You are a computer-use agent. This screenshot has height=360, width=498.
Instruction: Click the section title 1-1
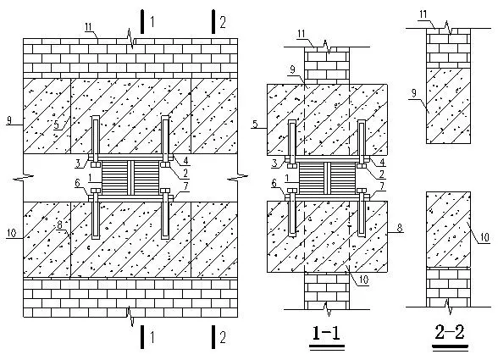(x=327, y=333)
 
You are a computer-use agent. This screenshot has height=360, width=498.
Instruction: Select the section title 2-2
(x=450, y=332)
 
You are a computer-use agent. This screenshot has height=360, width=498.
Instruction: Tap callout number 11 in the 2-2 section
(x=423, y=14)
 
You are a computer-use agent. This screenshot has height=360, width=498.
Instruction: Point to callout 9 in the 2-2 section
(x=413, y=93)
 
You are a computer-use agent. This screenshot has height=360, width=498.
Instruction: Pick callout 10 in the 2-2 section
(x=484, y=237)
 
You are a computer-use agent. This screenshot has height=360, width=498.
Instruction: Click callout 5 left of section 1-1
(x=255, y=124)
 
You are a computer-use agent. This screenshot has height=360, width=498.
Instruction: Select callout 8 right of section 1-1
(x=400, y=228)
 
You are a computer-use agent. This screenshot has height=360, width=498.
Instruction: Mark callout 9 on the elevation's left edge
(x=8, y=120)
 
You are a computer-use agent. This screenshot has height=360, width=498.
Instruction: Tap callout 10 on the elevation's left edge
(x=12, y=233)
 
